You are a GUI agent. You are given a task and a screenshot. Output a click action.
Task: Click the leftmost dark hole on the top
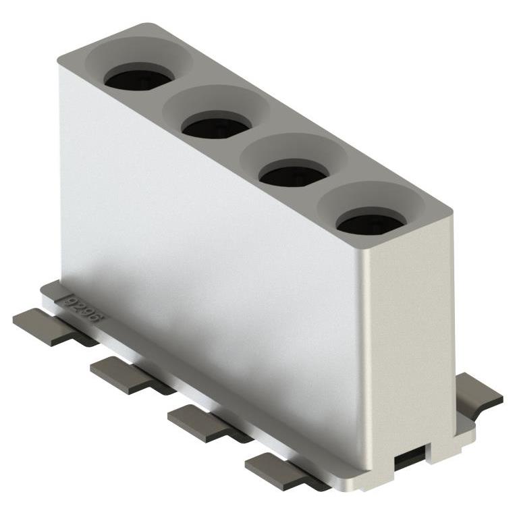[138, 80]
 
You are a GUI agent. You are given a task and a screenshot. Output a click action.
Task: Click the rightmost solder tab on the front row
[277, 469]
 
